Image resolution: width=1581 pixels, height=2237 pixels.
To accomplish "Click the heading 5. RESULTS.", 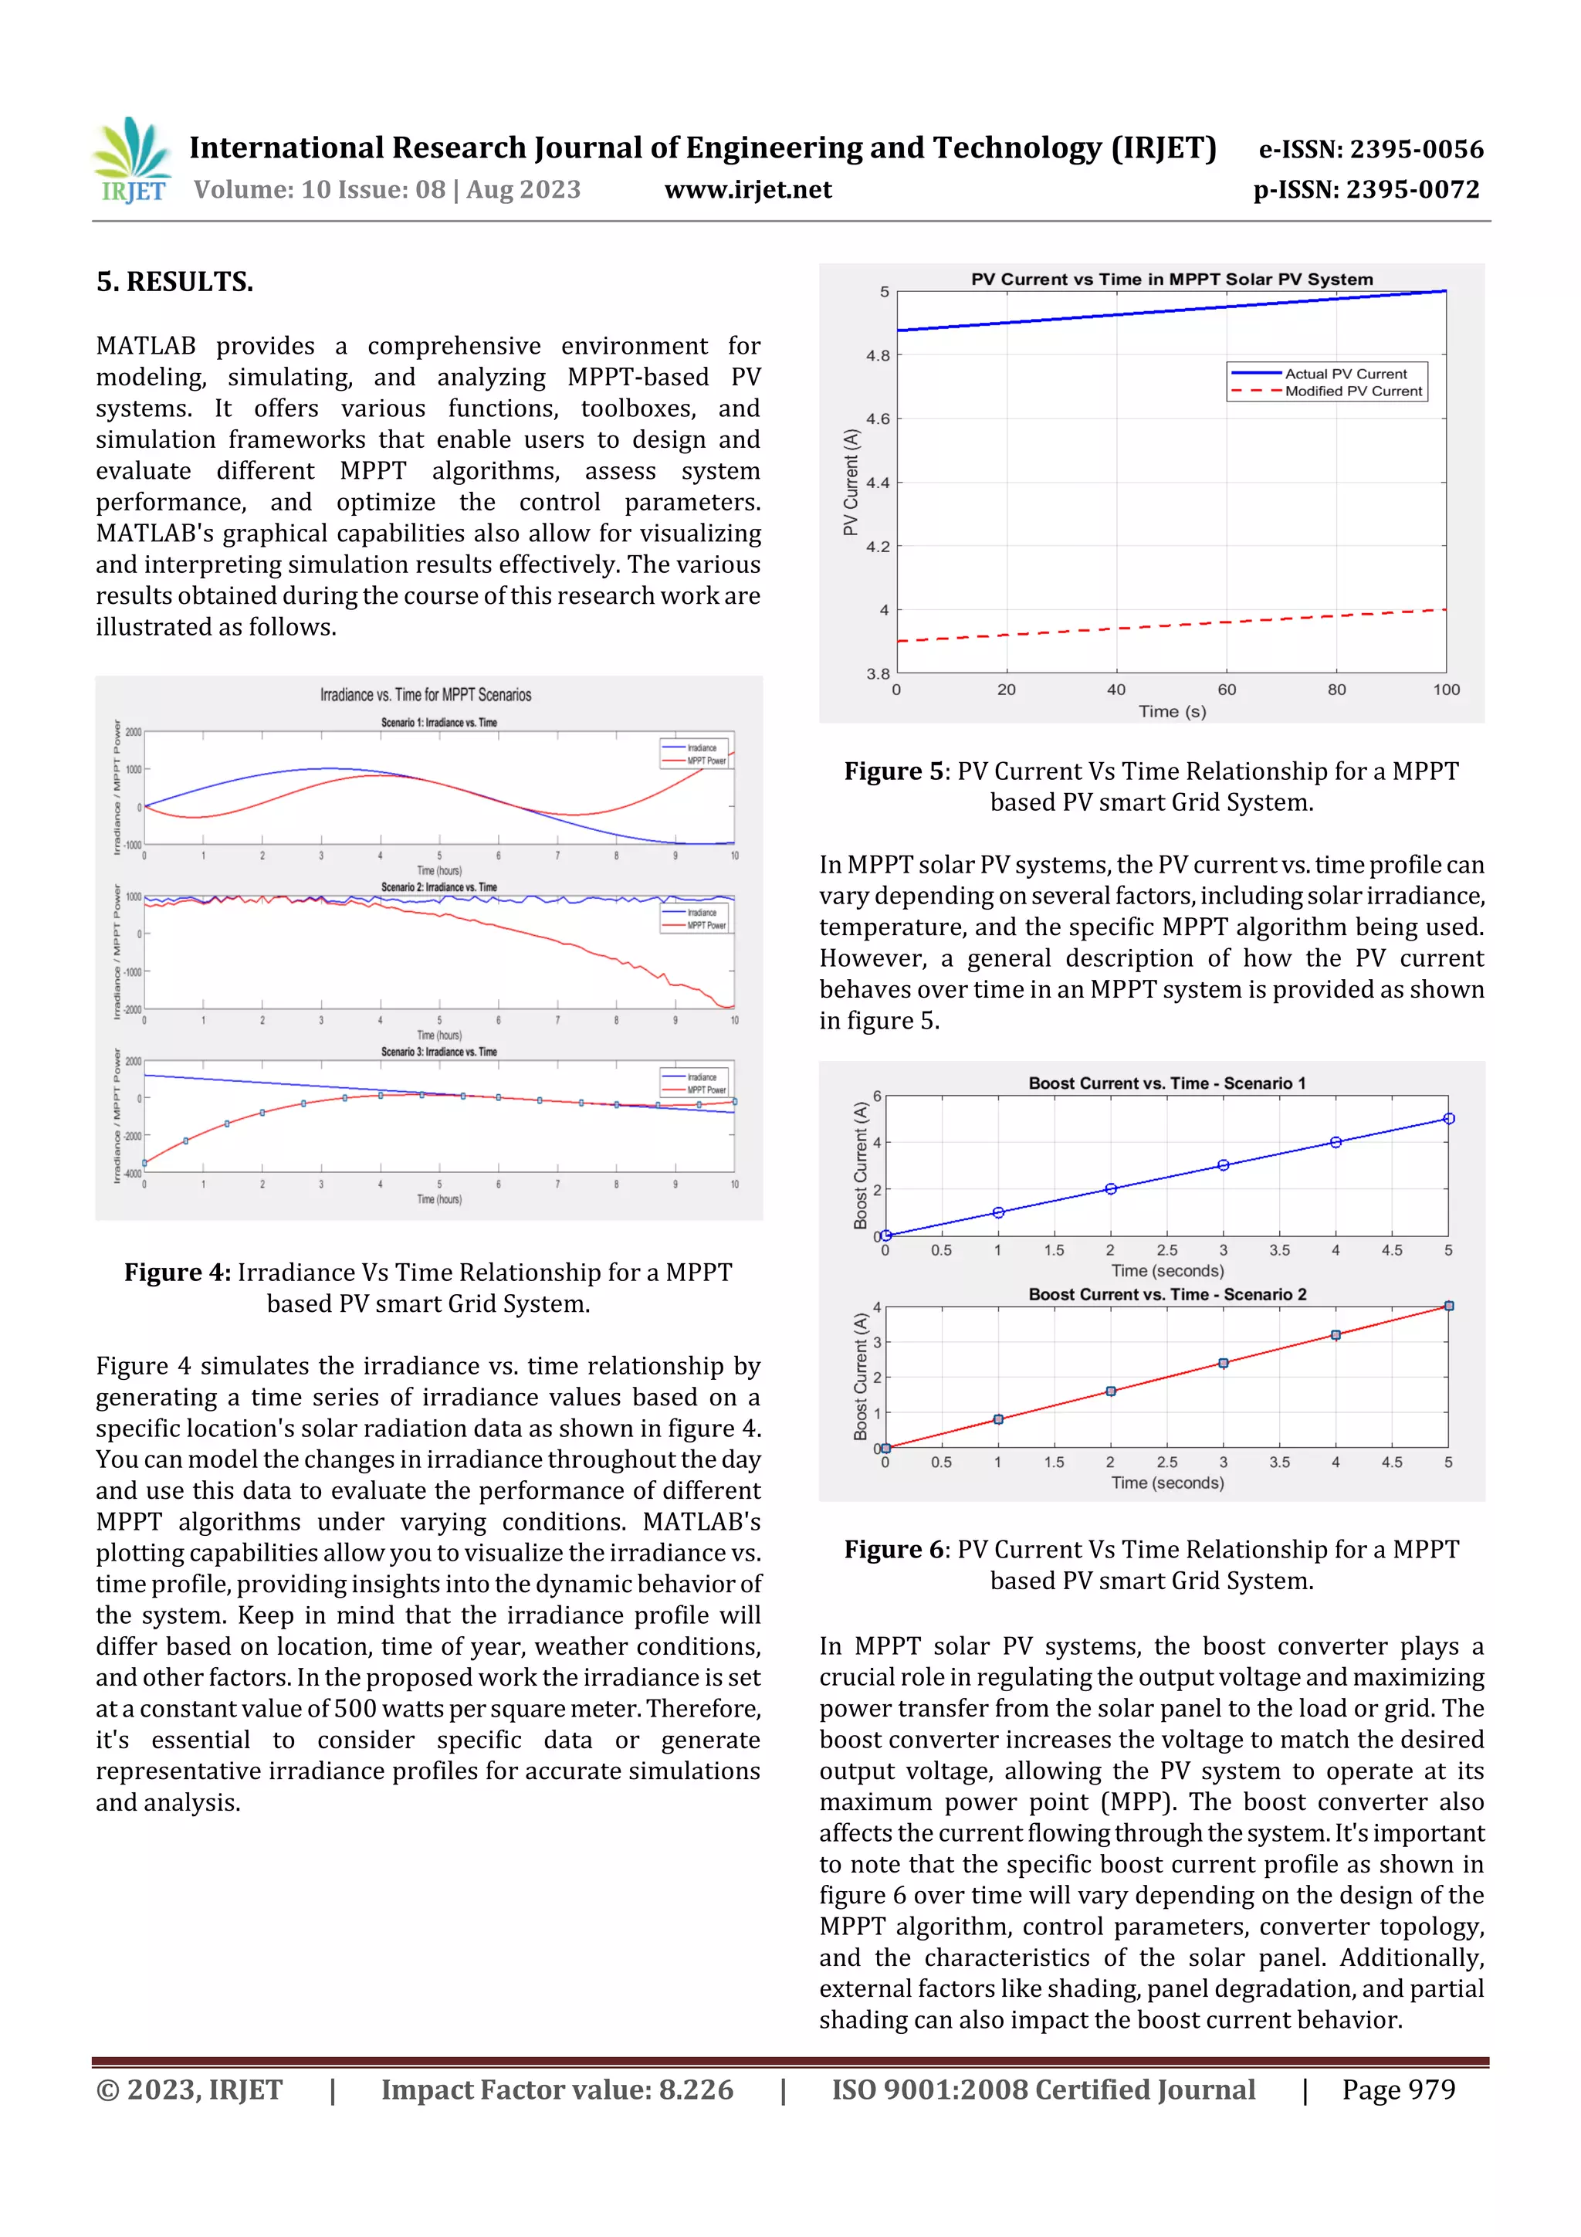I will coord(174,283).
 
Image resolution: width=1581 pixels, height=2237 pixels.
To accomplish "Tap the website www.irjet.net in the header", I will coord(747,190).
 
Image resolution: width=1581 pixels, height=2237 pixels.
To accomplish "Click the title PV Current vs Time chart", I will coord(1171,280).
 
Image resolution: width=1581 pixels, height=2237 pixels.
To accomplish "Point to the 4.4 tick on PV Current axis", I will coord(877,483).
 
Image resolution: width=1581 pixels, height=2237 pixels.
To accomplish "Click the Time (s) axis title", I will coord(1172,711).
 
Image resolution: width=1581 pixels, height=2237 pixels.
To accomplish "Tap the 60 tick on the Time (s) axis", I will coord(1227,690).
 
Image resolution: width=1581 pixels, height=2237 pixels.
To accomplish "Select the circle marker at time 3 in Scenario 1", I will coord(1224,1165).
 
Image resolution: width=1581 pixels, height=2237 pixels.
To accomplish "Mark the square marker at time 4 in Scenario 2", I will coord(1336,1335).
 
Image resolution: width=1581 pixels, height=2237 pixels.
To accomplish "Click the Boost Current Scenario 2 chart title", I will coord(1167,1295).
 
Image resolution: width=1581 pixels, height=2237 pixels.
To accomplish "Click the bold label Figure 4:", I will coord(178,1273).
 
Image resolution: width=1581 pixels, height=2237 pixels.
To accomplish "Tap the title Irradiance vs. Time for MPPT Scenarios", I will coord(425,695).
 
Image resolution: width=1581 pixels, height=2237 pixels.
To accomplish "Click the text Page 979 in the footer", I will coord(1398,2089).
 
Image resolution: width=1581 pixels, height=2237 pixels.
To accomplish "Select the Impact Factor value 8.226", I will coord(696,2089).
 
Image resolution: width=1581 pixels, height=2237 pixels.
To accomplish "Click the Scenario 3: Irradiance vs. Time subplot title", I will coord(438,1052).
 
